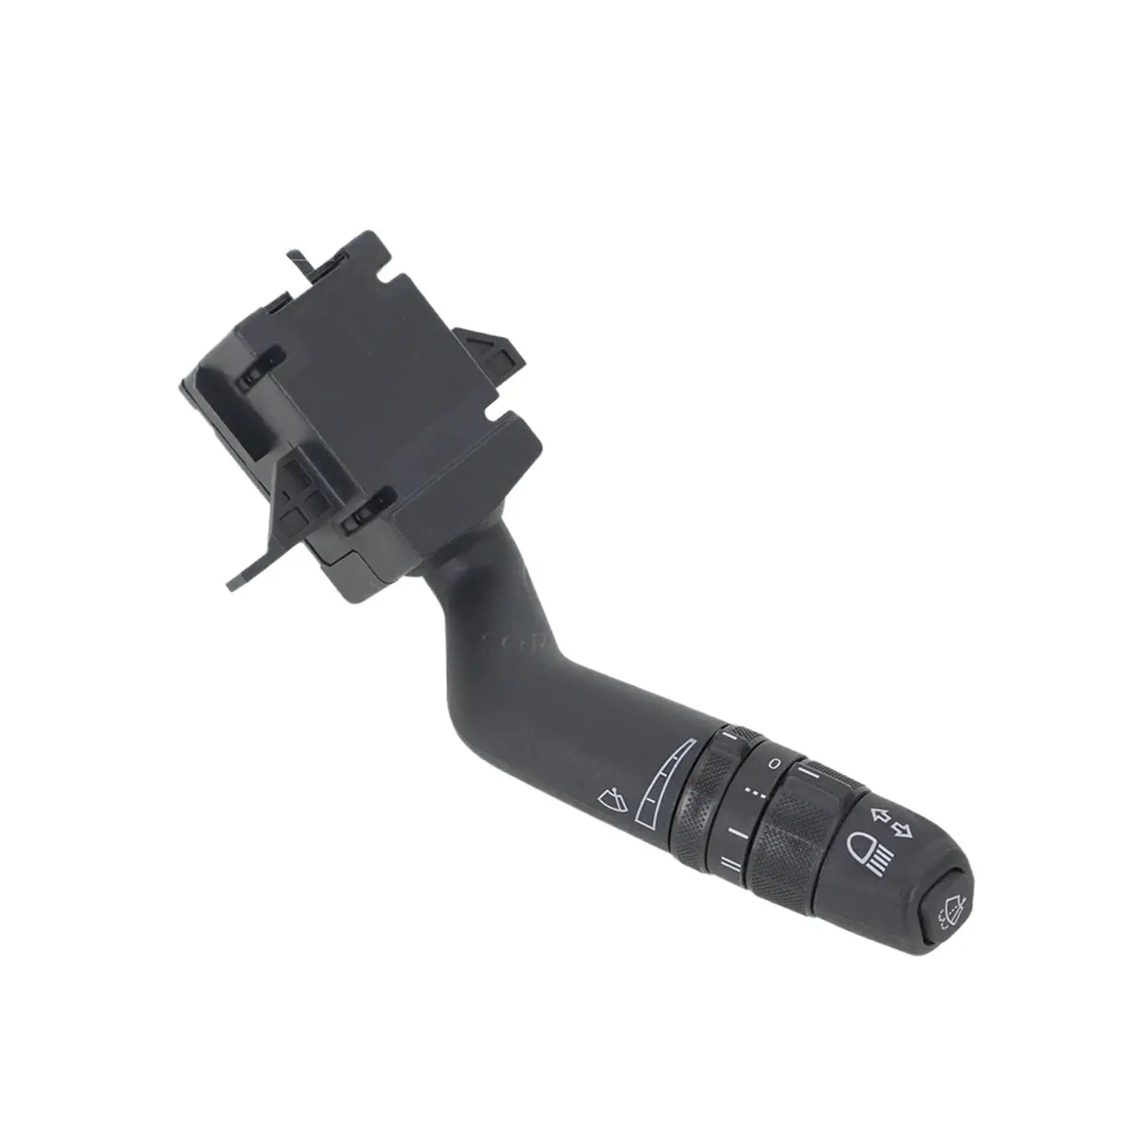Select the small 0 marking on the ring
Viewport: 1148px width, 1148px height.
[773, 764]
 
